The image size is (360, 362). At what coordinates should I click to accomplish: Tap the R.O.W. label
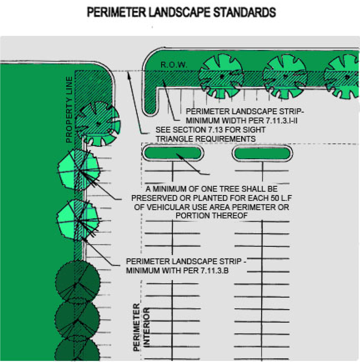(x=174, y=65)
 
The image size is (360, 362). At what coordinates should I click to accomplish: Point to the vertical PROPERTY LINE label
(x=69, y=109)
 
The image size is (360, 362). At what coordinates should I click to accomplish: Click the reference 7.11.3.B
(x=214, y=270)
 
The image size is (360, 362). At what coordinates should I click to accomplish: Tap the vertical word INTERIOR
(x=146, y=327)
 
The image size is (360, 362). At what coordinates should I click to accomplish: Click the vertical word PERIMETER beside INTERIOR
(x=137, y=327)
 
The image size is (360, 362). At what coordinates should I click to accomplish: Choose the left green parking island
(x=172, y=153)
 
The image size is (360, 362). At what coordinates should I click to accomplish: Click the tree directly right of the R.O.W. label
(x=221, y=76)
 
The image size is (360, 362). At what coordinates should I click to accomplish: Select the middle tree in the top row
(x=285, y=77)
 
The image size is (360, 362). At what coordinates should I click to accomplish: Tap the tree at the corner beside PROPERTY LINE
(x=98, y=123)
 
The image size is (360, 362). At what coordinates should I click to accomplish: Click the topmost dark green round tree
(x=78, y=282)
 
